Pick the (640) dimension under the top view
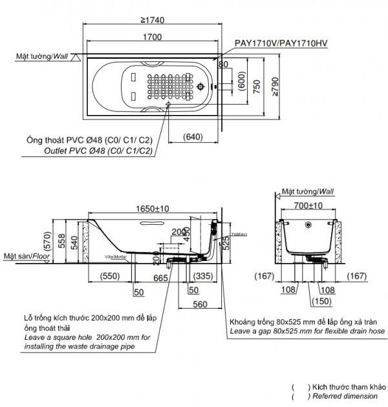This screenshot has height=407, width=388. (194, 137)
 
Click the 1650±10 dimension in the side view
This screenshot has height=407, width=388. (152, 209)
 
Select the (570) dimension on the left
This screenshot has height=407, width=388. (46, 242)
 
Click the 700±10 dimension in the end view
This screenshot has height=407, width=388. (308, 205)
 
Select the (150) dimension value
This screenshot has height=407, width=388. (308, 301)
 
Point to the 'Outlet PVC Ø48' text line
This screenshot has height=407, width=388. (98, 151)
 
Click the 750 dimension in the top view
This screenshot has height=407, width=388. (257, 84)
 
